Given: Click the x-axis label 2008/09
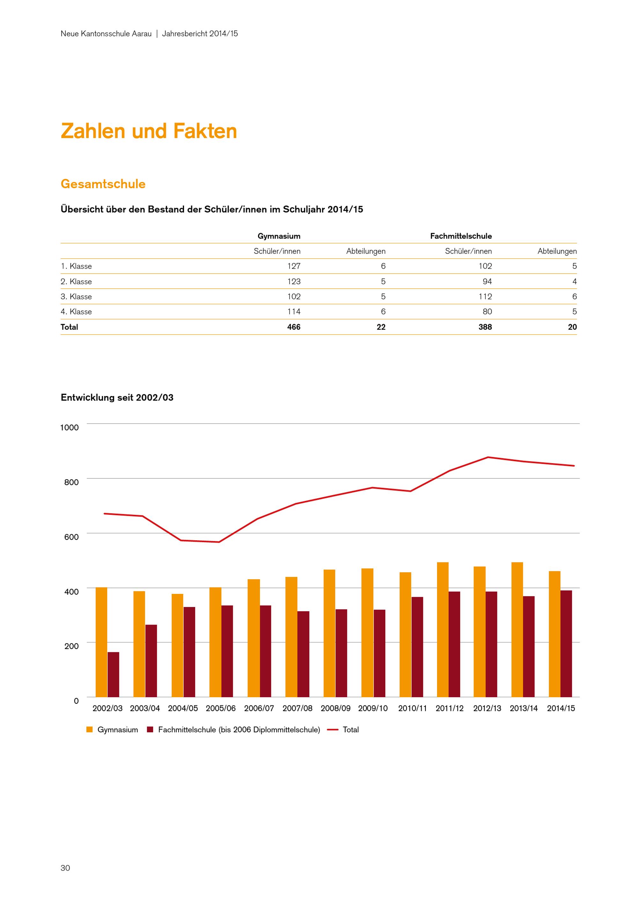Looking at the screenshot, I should pos(336,708).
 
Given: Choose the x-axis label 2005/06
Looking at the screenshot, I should pos(221,708).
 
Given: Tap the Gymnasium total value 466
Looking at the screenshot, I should pos(293,327).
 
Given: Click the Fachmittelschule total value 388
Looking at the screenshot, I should pos(485,327).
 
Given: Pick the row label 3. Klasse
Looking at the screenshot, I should pos(76,297).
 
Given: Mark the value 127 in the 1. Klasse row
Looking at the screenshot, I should pos(293,266).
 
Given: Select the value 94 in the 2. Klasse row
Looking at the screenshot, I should pos(487,281).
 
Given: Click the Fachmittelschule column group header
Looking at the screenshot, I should pos(461,236).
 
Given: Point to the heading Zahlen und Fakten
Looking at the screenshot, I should pos(149,131).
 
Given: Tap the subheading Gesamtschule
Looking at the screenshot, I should pos(103,184).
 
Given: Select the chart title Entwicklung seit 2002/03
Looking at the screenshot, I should pos(117,397).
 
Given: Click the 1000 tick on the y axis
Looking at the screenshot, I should pos(69,427).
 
